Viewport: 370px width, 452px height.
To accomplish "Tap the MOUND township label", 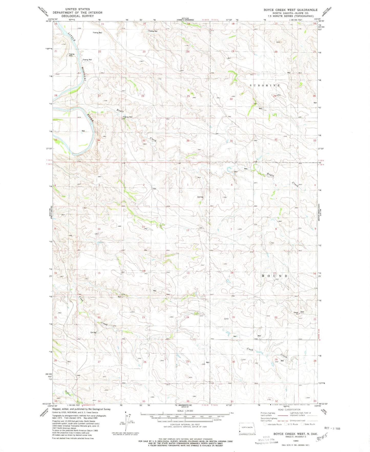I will click(x=274, y=276).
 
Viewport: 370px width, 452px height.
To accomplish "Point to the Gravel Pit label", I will click(x=296, y=313).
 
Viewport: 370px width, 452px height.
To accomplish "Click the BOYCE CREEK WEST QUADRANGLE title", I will click(x=291, y=10).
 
